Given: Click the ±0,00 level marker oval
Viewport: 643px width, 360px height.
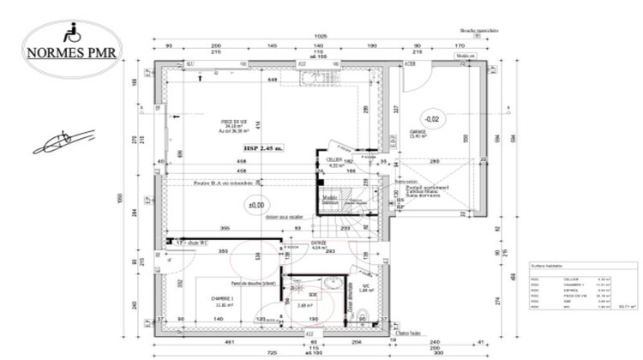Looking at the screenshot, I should coord(255,206).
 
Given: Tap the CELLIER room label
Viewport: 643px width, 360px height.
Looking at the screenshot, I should coord(335,160).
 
